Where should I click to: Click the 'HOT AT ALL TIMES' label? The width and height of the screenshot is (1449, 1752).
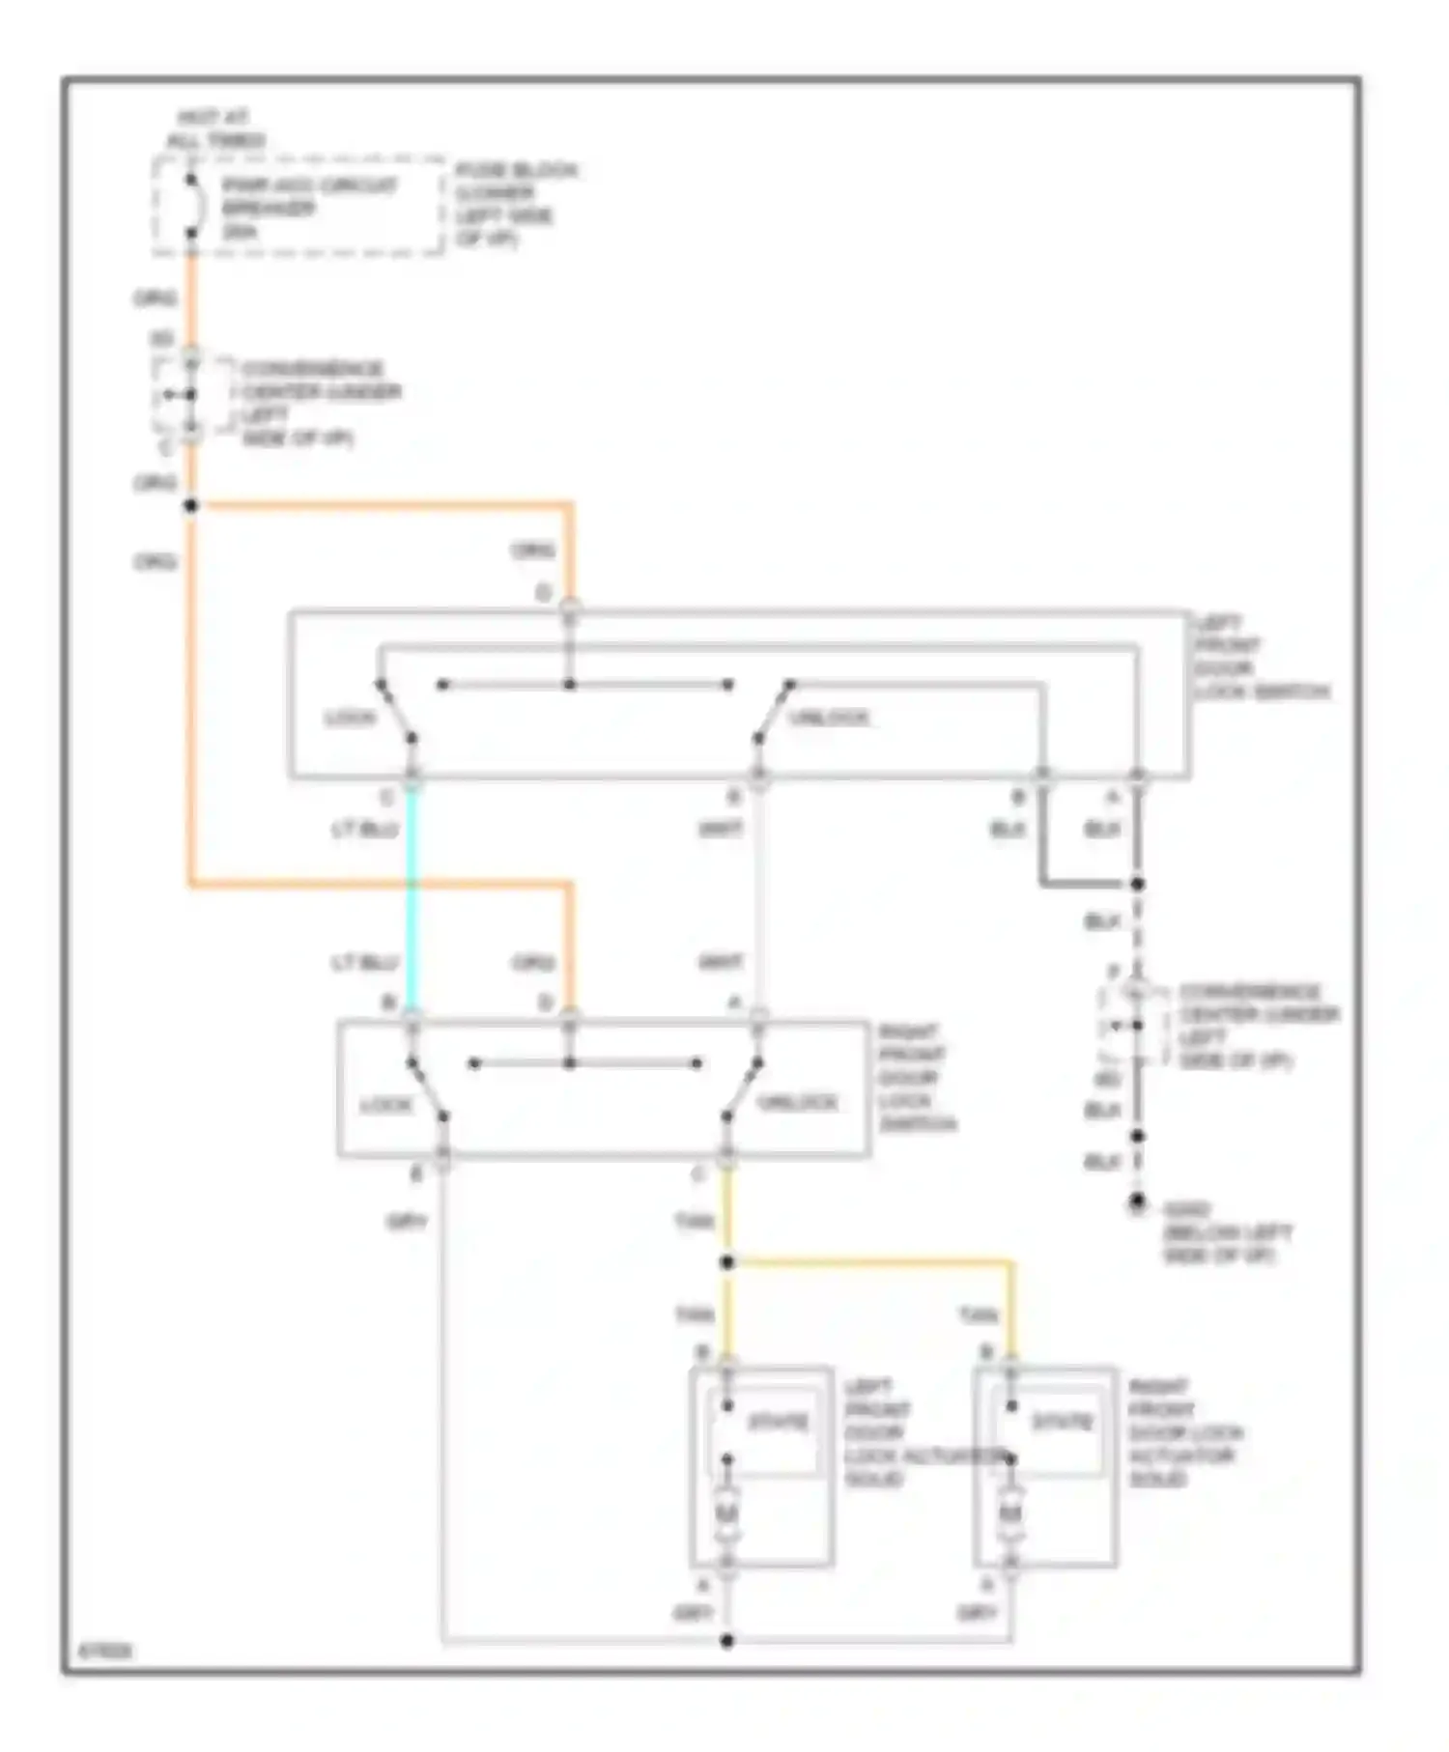tap(214, 129)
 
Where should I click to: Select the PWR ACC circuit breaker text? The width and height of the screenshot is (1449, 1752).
tap(307, 208)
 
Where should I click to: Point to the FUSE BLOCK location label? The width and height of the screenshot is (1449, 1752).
tap(516, 205)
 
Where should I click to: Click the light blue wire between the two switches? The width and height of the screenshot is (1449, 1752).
tap(412, 898)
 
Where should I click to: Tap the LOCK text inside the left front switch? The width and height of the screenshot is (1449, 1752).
tap(349, 719)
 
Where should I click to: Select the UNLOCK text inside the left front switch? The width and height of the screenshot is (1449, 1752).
tap(829, 718)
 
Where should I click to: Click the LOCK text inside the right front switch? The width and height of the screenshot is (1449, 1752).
tap(386, 1104)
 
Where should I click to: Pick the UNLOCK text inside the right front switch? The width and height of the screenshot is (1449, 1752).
tap(797, 1102)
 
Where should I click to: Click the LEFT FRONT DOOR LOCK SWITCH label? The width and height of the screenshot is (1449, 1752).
tap(1260, 657)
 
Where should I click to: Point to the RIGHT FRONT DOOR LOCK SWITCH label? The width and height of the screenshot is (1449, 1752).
tap(916, 1077)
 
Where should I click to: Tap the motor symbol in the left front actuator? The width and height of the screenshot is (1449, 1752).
tap(726, 1514)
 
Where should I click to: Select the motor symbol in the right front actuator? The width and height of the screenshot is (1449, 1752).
tap(1010, 1514)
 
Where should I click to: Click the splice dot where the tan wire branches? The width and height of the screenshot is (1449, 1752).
tap(727, 1262)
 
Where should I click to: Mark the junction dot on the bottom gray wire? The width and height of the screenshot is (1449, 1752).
tap(727, 1640)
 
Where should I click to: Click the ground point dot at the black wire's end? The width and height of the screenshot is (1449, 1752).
tap(1138, 1201)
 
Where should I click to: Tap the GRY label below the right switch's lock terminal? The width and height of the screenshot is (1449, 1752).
tap(407, 1222)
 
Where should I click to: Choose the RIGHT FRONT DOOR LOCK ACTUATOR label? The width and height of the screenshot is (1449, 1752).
tap(1184, 1433)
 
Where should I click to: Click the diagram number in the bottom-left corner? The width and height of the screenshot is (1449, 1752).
tap(104, 1652)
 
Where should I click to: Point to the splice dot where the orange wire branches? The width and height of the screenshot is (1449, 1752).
tap(191, 505)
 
